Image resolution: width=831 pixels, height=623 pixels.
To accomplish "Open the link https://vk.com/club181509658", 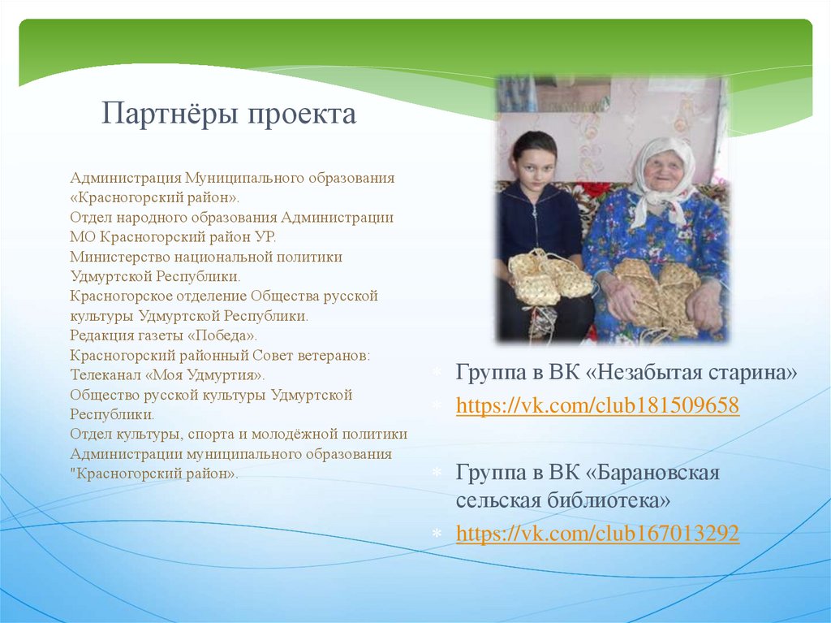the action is coord(597,405).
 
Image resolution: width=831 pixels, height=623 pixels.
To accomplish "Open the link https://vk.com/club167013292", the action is coord(597,533).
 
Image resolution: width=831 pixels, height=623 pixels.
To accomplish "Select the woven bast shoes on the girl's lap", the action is coord(549,278).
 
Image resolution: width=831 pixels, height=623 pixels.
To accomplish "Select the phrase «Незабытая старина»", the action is coord(691,373).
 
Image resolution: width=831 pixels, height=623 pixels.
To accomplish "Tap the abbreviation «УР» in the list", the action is coord(265,237).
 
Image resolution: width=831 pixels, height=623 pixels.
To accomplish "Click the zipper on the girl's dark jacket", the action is coord(536,223).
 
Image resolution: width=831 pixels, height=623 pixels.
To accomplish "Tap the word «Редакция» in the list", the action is coord(101,336).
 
